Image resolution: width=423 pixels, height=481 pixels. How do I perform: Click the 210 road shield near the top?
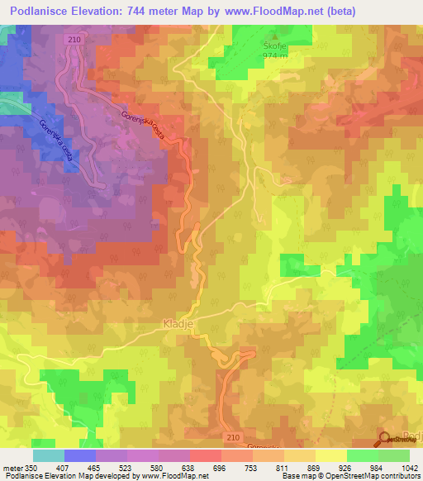click(74, 39)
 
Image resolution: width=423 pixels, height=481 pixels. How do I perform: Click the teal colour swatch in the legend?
click(48, 455)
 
